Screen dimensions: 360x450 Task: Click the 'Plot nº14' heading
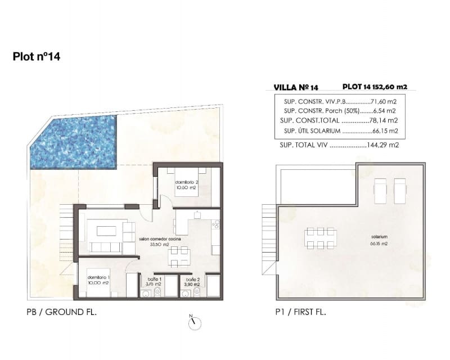tap(36, 57)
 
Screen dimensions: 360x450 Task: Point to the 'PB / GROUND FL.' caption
tap(61, 312)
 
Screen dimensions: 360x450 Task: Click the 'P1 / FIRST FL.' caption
tap(301, 312)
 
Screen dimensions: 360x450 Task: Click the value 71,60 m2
tap(385, 102)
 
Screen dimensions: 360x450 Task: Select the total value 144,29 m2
tap(382, 145)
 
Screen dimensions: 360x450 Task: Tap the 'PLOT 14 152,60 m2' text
tap(375, 87)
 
